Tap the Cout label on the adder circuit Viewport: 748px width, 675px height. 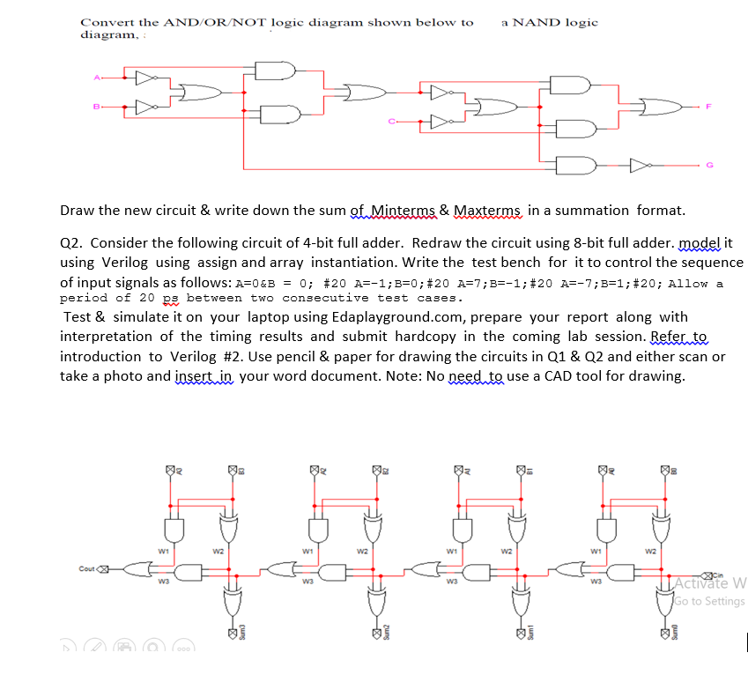pos(86,568)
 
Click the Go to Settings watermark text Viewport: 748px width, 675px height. pos(707,601)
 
